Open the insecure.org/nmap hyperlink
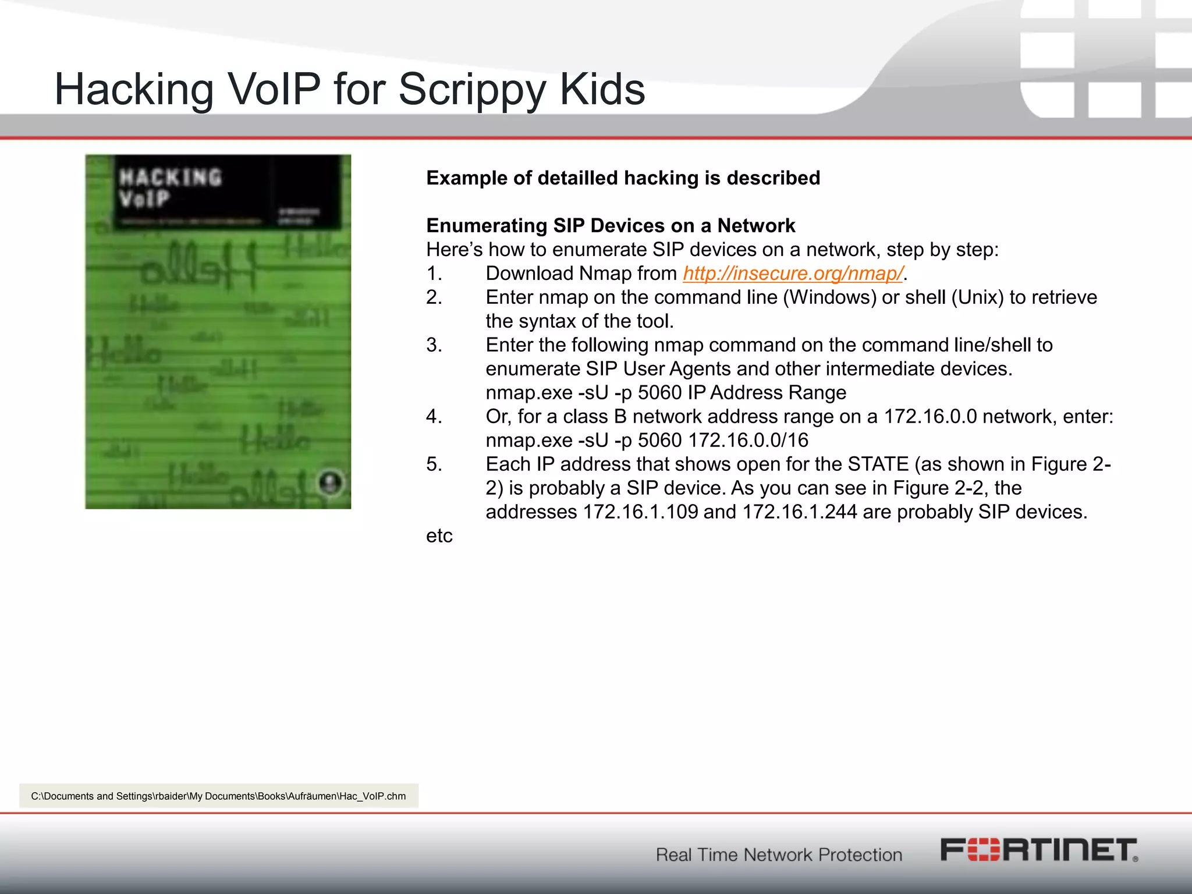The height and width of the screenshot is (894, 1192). (793, 274)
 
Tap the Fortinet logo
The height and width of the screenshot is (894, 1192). (1039, 850)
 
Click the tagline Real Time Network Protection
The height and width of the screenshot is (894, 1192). (779, 854)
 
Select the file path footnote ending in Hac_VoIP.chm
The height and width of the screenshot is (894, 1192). (218, 796)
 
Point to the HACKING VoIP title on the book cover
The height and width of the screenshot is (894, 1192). (170, 187)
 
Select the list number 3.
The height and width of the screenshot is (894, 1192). (434, 345)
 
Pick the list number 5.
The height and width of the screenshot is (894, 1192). (434, 464)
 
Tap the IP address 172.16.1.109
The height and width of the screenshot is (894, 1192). (640, 512)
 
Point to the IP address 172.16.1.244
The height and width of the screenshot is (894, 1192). (799, 512)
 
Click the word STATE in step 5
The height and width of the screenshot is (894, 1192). (878, 464)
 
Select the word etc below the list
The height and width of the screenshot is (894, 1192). (439, 536)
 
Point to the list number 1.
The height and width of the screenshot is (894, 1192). (434, 274)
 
